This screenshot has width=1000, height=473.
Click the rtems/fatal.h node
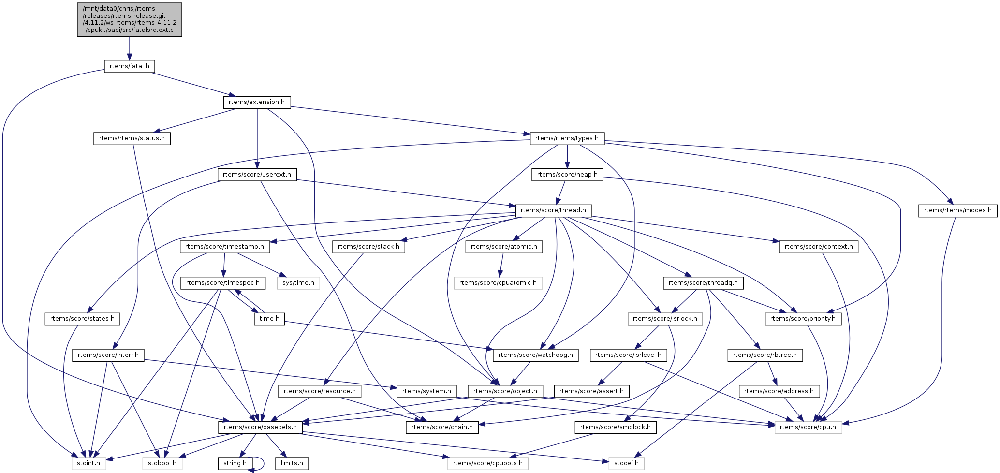pos(129,66)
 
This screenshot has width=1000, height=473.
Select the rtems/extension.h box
pos(257,102)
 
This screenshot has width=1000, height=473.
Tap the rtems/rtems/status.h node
pos(132,138)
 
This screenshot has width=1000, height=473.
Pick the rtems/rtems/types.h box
pos(567,138)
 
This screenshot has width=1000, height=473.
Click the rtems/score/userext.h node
pos(257,175)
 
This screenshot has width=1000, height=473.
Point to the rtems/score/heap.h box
pos(567,175)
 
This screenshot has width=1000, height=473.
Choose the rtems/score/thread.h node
pos(553,210)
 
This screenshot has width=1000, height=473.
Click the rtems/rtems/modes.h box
pos(957,210)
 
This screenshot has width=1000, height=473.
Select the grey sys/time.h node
pos(298,283)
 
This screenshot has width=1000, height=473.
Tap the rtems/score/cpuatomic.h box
pos(498,283)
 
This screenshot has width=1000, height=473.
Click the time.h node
pos(269,319)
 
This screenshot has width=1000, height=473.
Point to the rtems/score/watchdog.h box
pos(535,355)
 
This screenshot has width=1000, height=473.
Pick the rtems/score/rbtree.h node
pos(765,355)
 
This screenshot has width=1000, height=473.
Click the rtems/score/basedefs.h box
pos(260,427)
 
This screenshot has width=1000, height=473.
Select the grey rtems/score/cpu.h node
pos(808,427)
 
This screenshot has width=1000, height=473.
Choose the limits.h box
pos(292,463)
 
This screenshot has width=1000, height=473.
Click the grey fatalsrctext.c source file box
pos(130,19)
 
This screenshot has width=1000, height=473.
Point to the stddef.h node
pos(626,463)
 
